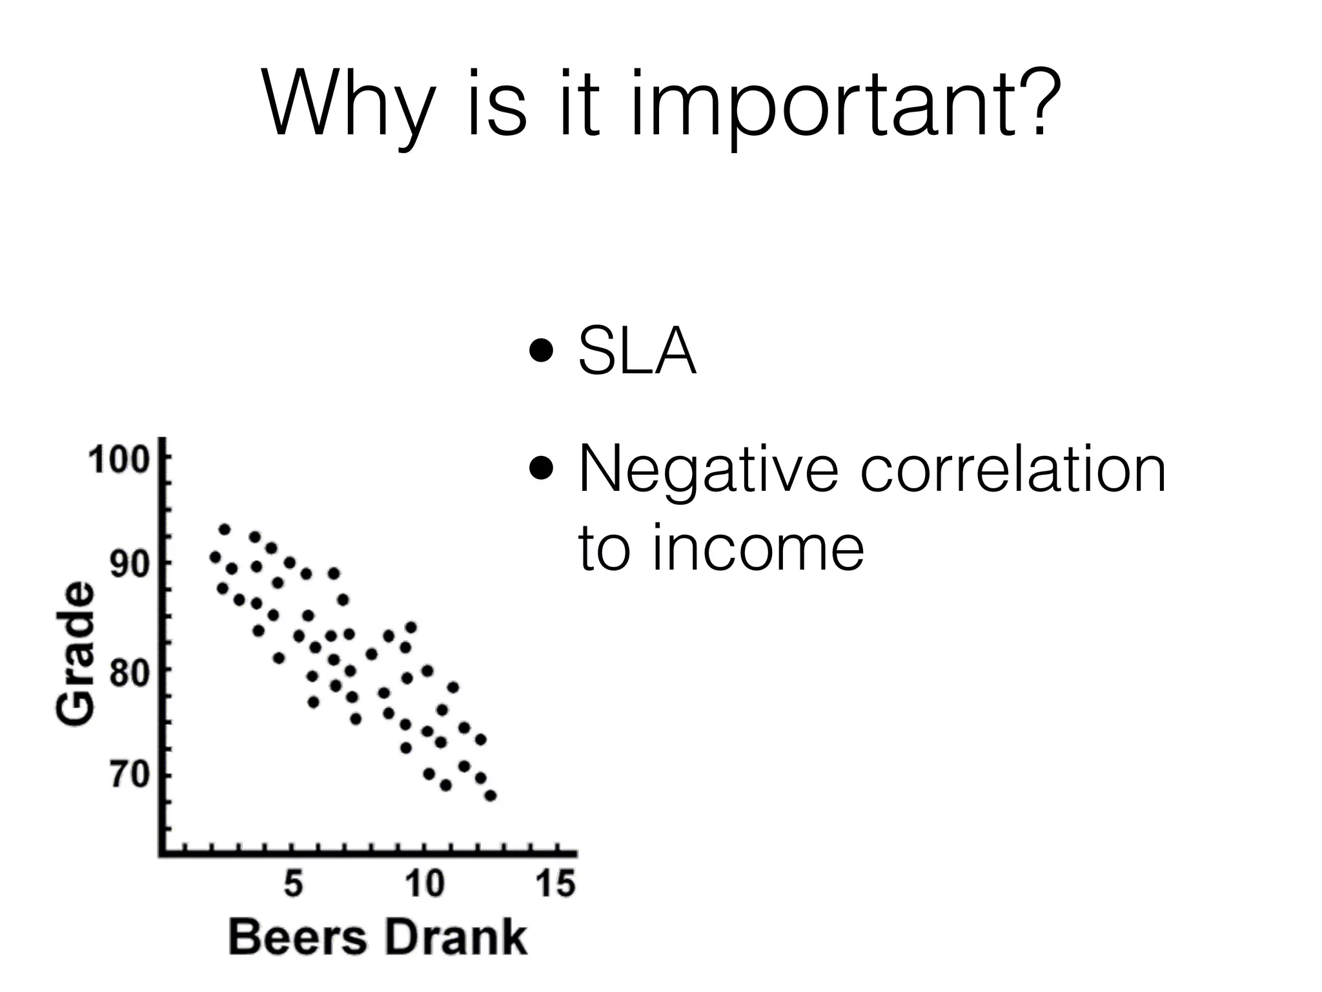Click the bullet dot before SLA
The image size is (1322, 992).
click(540, 353)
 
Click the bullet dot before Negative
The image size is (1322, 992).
click(540, 468)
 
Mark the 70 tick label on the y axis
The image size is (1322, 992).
click(129, 775)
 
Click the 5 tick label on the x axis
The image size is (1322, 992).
click(293, 883)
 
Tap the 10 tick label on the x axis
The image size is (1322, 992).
click(424, 883)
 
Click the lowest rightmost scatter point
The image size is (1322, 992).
click(491, 795)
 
